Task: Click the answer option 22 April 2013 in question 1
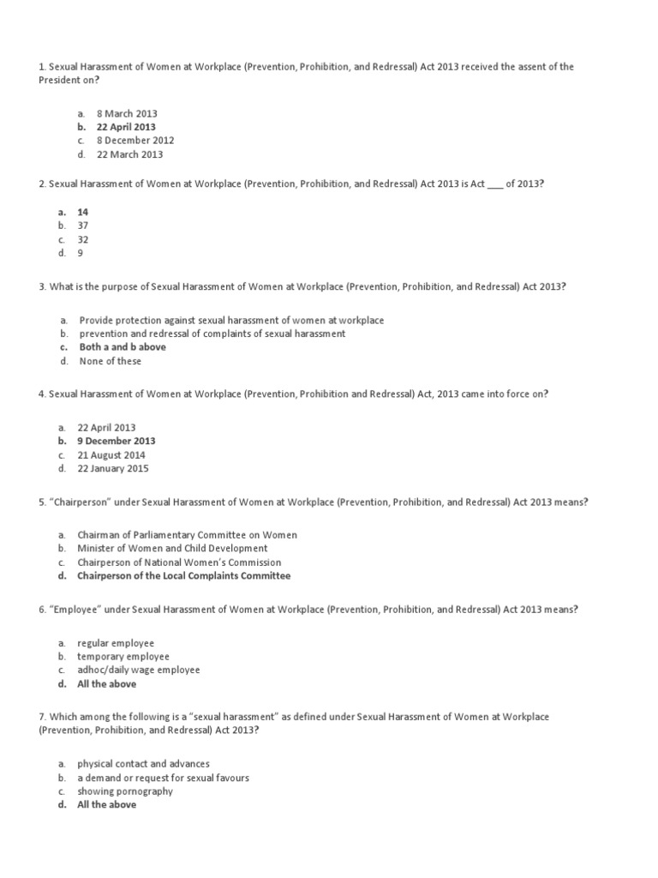[x=126, y=127]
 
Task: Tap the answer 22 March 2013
[x=129, y=154]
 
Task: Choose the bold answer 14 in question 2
[x=83, y=212]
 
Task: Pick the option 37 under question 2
[x=83, y=226]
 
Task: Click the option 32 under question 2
[x=83, y=239]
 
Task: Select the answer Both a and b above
[x=123, y=347]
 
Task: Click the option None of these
[x=111, y=361]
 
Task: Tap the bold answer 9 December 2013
[x=117, y=441]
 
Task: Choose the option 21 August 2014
[x=111, y=455]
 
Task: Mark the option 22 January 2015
[x=112, y=469]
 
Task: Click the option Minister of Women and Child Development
[x=172, y=548]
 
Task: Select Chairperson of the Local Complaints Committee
[x=183, y=576]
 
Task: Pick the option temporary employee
[x=123, y=656]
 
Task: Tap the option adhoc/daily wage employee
[x=138, y=670]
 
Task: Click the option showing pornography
[x=125, y=791]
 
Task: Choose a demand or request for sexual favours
[x=163, y=778]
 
